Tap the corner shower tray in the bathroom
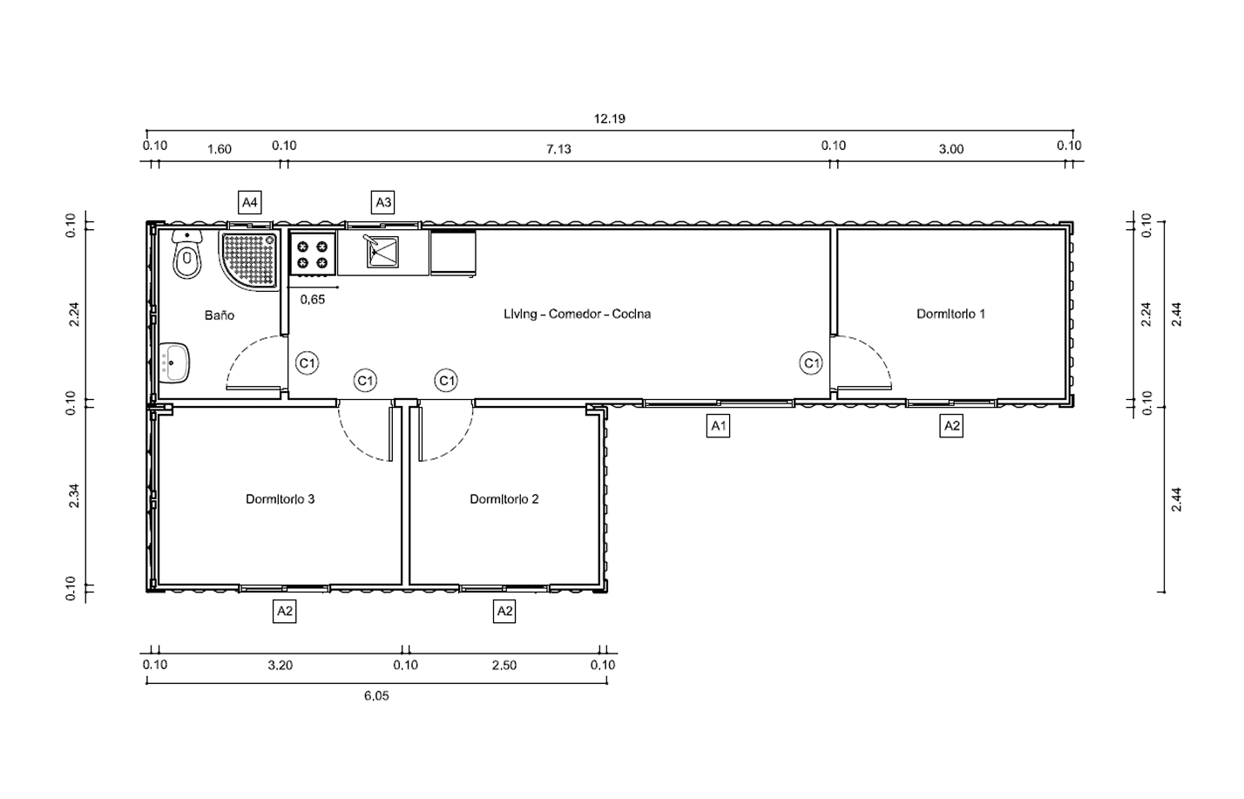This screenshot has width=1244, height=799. pyautogui.click(x=249, y=260)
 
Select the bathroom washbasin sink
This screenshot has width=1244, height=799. pyautogui.click(x=174, y=362)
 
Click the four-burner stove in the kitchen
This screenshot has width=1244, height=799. pyautogui.click(x=313, y=254)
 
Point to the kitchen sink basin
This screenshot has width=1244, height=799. pyautogui.click(x=382, y=251)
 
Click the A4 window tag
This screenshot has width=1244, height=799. pyautogui.click(x=250, y=202)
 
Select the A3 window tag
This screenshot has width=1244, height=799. pyautogui.click(x=383, y=202)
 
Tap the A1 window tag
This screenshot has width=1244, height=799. pyautogui.click(x=718, y=426)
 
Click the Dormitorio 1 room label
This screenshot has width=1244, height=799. pyautogui.click(x=950, y=314)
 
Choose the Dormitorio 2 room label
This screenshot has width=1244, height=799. pyautogui.click(x=504, y=499)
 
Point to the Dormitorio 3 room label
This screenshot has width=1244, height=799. pyautogui.click(x=280, y=499)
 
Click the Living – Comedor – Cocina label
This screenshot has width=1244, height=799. pyautogui.click(x=577, y=314)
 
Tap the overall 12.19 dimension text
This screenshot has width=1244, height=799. pyautogui.click(x=609, y=118)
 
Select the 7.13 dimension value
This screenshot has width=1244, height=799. pyautogui.click(x=558, y=149)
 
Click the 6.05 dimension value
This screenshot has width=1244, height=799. pyautogui.click(x=376, y=695)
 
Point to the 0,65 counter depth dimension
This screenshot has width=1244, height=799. pyautogui.click(x=313, y=300)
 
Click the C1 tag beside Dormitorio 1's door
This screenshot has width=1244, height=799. pyautogui.click(x=811, y=363)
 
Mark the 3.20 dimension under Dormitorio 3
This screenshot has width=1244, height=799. pyautogui.click(x=280, y=665)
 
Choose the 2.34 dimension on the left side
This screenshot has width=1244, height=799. pyautogui.click(x=74, y=496)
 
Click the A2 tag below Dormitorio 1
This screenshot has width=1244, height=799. pyautogui.click(x=951, y=426)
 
